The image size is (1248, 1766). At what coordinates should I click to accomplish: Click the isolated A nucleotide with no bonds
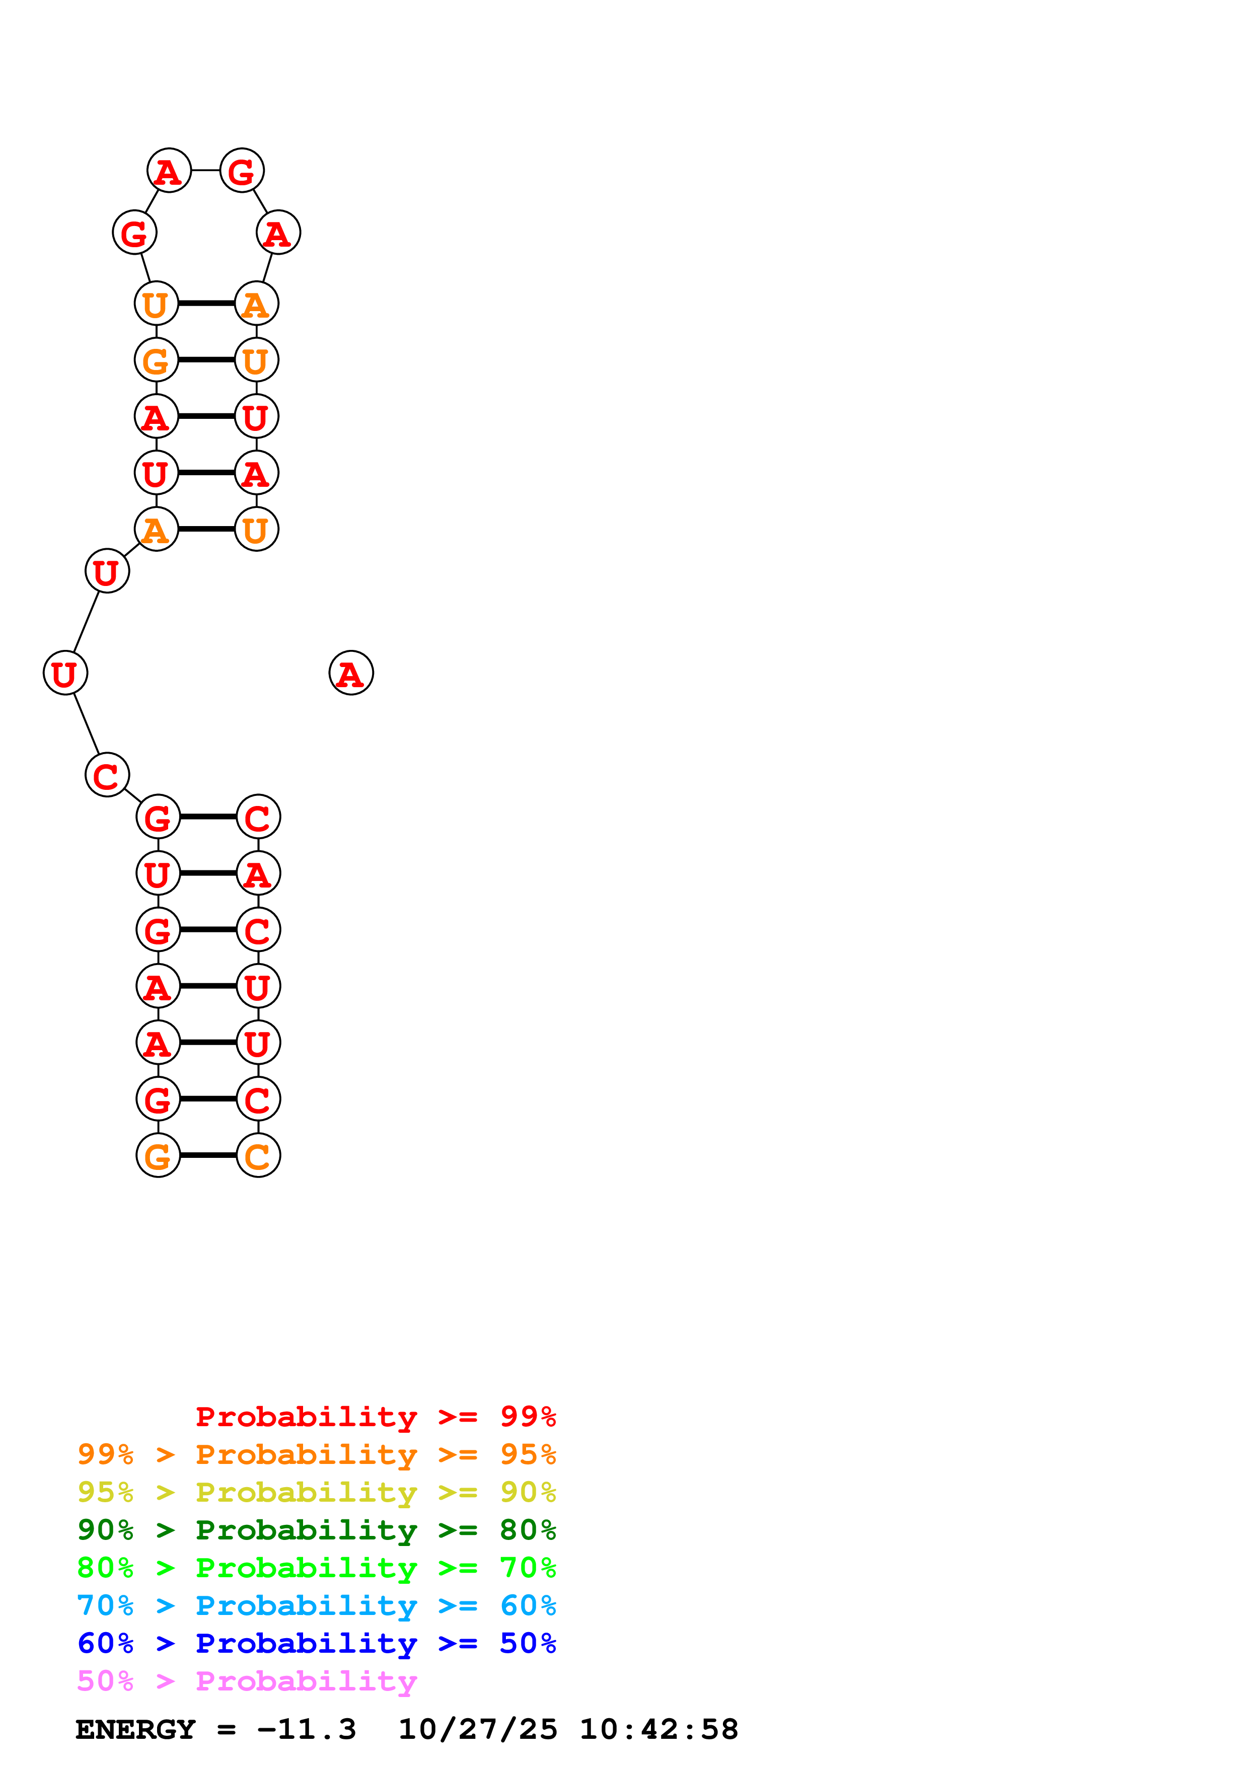pyautogui.click(x=351, y=673)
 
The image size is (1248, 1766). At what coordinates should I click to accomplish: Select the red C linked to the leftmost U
pyautogui.click(x=107, y=775)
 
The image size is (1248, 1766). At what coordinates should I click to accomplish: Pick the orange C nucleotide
pyautogui.click(x=258, y=1155)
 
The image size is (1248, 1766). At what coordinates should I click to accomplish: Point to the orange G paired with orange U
pyautogui.click(x=156, y=360)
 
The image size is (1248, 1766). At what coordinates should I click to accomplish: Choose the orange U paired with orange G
pyautogui.click(x=257, y=360)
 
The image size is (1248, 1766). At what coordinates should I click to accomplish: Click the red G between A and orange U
pyautogui.click(x=134, y=232)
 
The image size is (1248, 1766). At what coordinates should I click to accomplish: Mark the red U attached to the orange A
pyautogui.click(x=107, y=571)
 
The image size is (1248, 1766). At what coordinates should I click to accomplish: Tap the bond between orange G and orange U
pyautogui.click(x=206, y=360)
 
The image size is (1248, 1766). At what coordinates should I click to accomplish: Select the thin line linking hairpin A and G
pyautogui.click(x=205, y=170)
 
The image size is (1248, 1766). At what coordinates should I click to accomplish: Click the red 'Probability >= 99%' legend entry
pyautogui.click(x=375, y=1416)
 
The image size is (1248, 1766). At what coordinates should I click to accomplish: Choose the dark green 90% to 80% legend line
pyautogui.click(x=316, y=1530)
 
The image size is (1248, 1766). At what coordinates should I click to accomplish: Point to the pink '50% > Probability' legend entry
pyautogui.click(x=247, y=1681)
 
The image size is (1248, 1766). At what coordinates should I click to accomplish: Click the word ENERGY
pyautogui.click(x=135, y=1730)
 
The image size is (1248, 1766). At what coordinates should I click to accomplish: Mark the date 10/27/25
pyautogui.click(x=478, y=1730)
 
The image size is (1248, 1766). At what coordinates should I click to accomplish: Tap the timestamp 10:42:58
pyautogui.click(x=658, y=1730)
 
